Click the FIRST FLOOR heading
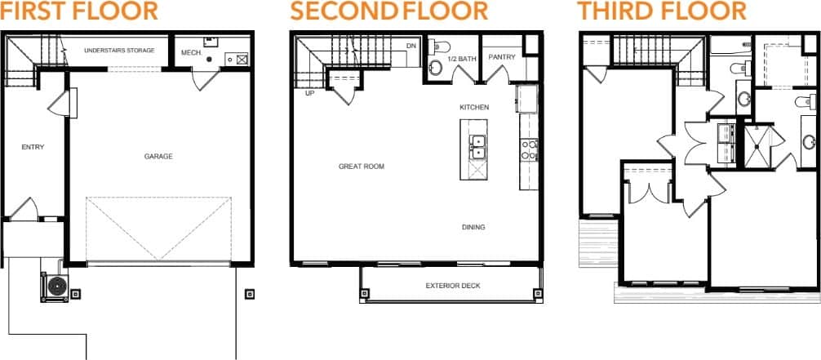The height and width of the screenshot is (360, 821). coord(79,11)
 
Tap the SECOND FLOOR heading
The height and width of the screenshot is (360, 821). coord(388,11)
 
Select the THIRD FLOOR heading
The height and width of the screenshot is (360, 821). coord(662,11)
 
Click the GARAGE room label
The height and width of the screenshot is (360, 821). coord(158,157)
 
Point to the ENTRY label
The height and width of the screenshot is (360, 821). coord(33,148)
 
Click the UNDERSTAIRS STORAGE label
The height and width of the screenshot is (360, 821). coord(119,51)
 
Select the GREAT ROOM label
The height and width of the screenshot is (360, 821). coord(362,167)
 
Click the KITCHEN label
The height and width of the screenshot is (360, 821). coord(474,108)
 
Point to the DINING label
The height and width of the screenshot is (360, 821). coord(473,227)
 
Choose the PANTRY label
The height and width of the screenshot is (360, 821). coord(500,58)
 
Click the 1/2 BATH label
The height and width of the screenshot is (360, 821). coord(461,59)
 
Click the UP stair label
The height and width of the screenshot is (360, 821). coord(310,93)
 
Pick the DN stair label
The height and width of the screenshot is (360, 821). coord(411,47)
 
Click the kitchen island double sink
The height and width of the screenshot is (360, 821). coord(477,147)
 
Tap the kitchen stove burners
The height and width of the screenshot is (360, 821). coord(529,149)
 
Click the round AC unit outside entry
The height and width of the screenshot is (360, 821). coord(56,286)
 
